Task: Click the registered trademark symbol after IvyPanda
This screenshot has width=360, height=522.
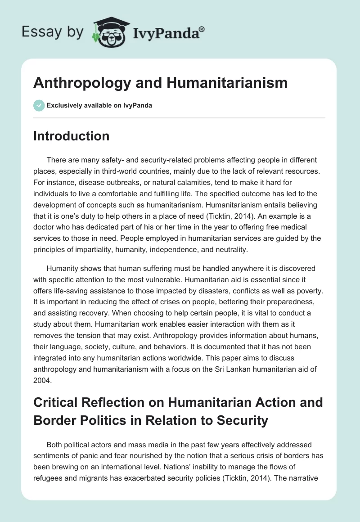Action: coord(202,29)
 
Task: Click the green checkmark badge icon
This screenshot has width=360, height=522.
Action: coord(39,105)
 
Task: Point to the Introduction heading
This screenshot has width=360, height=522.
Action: coord(71,136)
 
